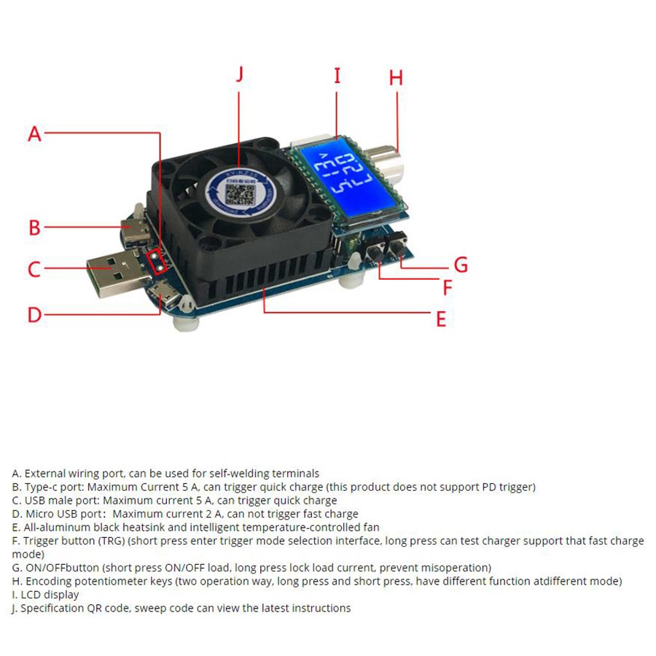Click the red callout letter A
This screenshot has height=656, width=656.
pos(34,134)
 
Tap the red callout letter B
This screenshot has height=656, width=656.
pos(34,227)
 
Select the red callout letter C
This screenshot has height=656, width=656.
pos(34,270)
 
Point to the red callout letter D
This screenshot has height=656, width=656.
pos(34,315)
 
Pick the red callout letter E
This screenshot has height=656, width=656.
pos(440,319)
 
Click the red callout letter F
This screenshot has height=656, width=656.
pos(448,287)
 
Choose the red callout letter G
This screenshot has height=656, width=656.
pos(461,265)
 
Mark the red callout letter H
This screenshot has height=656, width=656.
pos(396,78)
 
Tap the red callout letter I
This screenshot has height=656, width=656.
pos(337,76)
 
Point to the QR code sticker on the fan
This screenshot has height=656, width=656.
pos(238,194)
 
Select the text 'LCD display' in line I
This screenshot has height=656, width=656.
pos(50,595)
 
